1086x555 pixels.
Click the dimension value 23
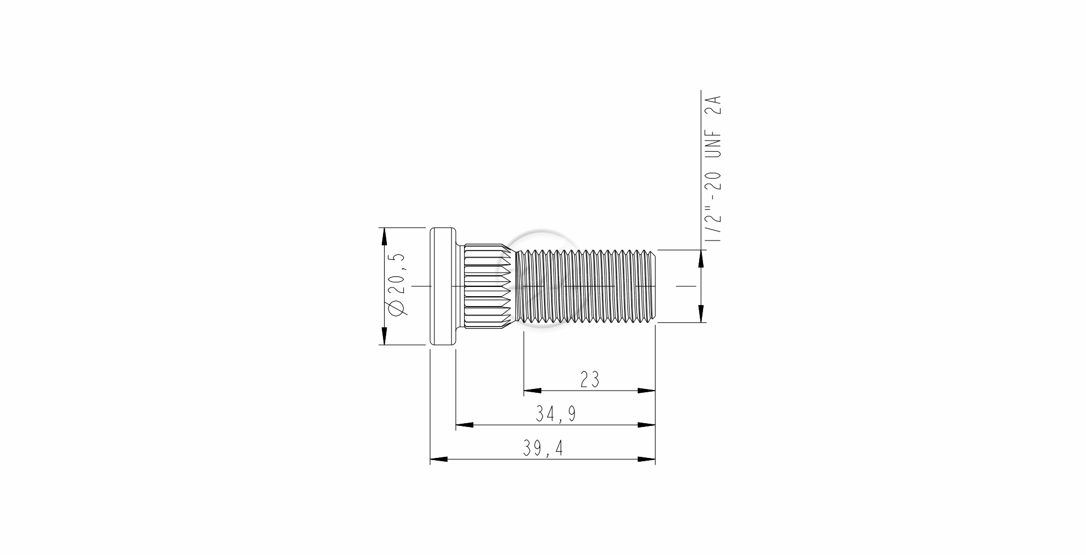click(x=589, y=380)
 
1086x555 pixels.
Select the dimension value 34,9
click(x=556, y=414)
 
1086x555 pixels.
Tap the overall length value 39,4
click(x=543, y=449)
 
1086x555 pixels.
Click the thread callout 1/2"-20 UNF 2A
click(x=714, y=169)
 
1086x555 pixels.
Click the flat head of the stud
click(x=443, y=286)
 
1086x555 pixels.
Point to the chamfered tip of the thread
click(x=652, y=286)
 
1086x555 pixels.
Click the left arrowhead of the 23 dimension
click(x=532, y=391)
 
